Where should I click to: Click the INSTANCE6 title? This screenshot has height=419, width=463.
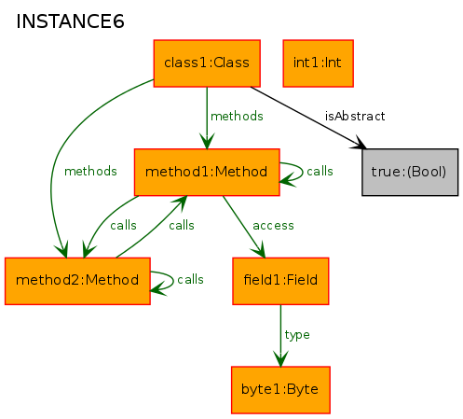point(70,21)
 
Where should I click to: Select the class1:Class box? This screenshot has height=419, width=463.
point(207,63)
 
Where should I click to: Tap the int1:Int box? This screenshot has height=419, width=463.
point(319,63)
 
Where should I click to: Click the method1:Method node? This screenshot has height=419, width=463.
point(207,173)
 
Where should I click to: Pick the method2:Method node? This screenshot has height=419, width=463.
point(77,281)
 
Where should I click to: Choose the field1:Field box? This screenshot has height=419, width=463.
point(280,281)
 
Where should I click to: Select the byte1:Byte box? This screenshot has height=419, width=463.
point(280,390)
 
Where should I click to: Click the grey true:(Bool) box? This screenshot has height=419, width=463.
point(410,173)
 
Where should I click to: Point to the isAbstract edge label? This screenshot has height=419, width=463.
point(355,116)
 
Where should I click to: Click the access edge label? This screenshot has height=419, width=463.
point(273,226)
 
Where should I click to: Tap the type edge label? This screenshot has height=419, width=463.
point(297,335)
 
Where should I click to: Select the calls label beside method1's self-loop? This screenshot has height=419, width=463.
point(320,171)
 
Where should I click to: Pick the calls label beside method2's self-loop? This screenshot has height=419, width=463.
point(190,279)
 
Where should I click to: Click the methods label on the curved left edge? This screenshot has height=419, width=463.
point(90,171)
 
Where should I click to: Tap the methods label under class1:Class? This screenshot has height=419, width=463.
point(237,116)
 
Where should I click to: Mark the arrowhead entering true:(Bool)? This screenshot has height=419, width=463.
point(359,144)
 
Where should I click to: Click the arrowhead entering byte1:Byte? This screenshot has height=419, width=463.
point(280,358)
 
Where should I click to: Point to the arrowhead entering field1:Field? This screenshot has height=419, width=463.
point(260,250)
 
